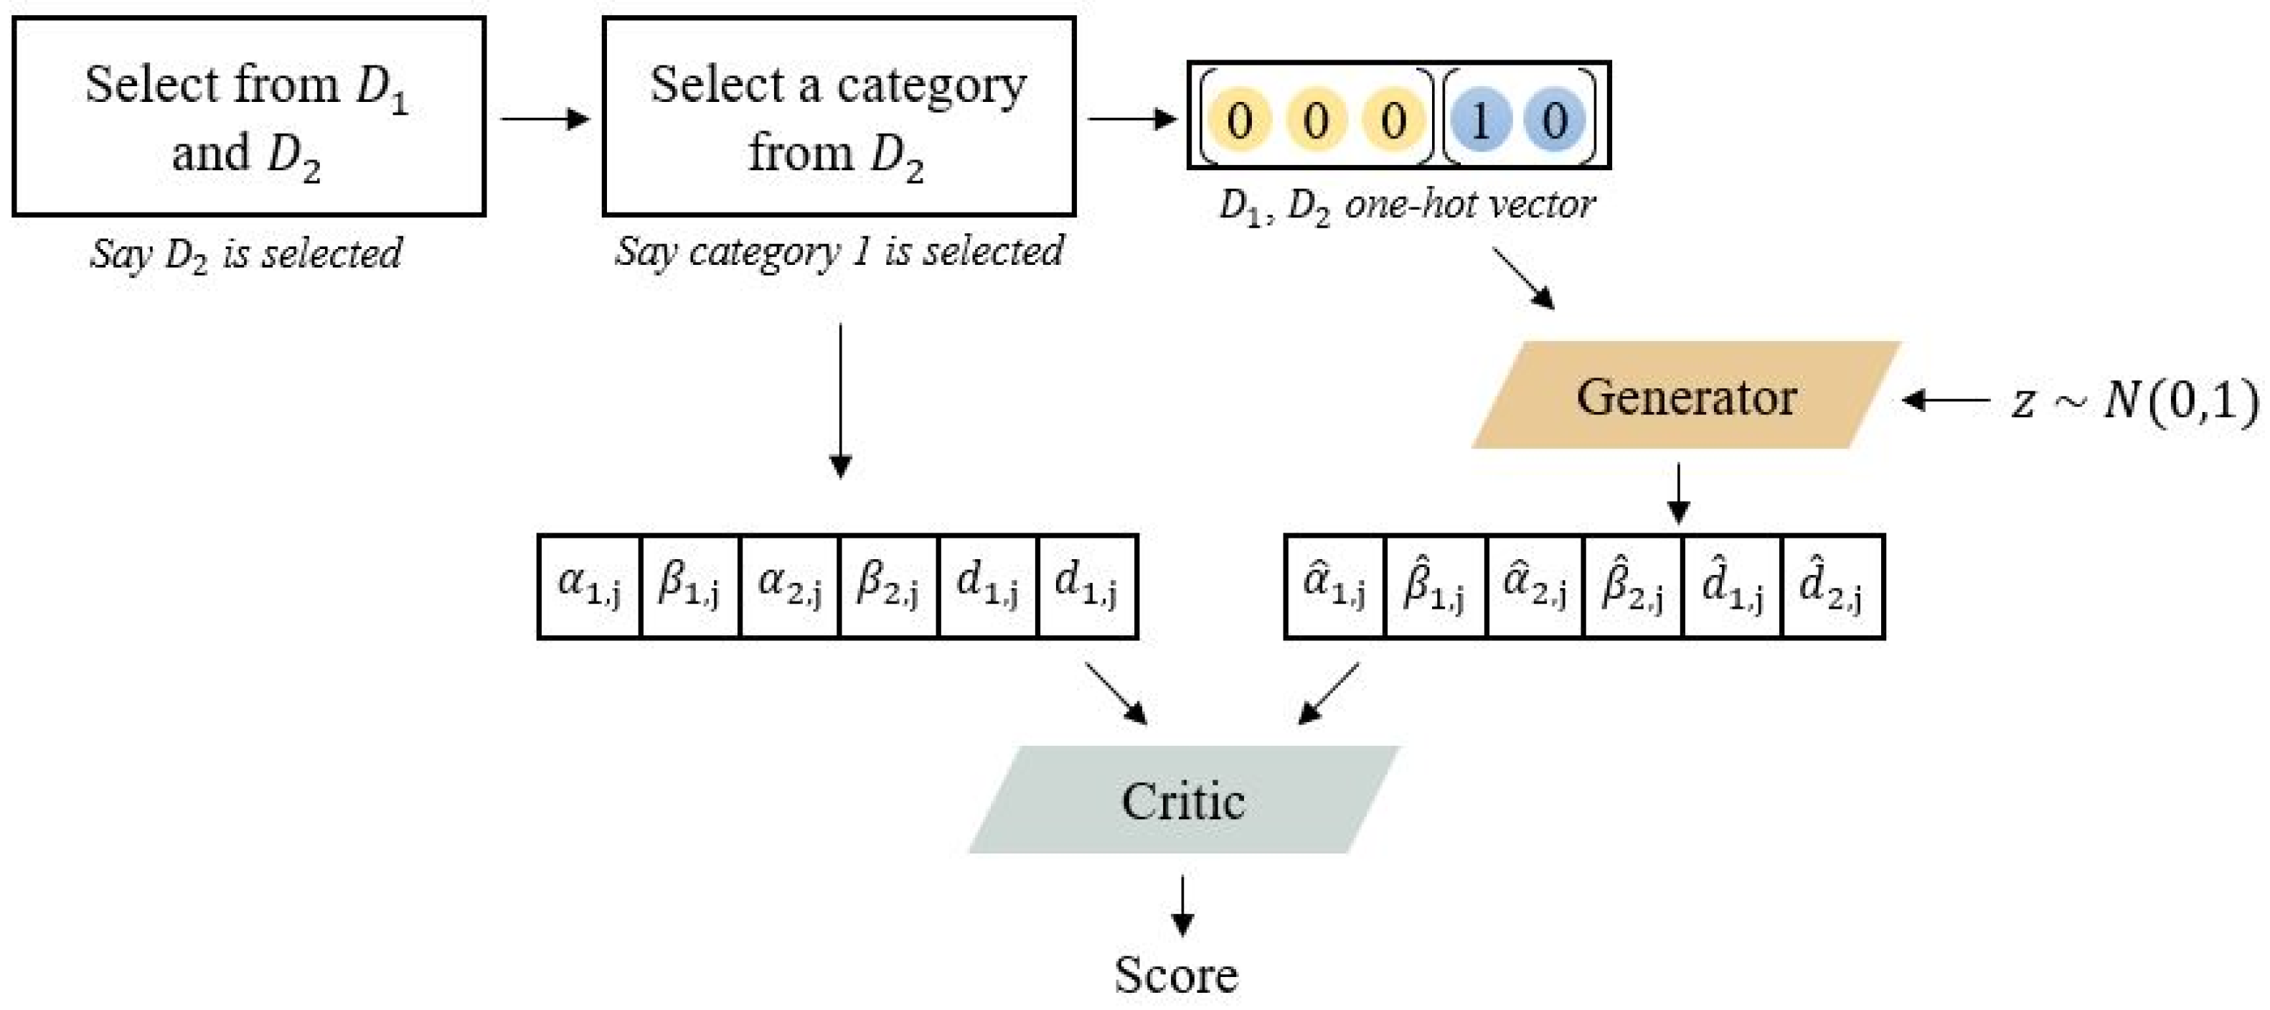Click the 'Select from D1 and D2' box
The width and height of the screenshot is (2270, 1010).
[248, 116]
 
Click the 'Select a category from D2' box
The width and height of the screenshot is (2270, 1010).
[838, 116]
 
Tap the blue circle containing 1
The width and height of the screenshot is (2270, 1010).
[1480, 119]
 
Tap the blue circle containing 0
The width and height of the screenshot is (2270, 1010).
[1555, 119]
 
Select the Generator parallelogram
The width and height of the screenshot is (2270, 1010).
[1685, 396]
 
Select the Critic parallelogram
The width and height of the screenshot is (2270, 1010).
[1182, 800]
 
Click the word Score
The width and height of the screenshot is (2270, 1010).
[1175, 975]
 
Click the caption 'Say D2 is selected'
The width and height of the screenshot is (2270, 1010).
[247, 255]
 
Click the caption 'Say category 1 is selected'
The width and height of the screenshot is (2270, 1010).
[838, 253]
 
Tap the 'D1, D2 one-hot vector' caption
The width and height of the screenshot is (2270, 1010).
[1406, 206]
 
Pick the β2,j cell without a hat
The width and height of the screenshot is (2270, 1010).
[888, 586]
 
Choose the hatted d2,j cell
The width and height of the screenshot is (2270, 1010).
[1831, 586]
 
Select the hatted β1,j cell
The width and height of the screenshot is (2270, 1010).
[1435, 586]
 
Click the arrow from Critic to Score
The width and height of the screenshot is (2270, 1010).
[1182, 905]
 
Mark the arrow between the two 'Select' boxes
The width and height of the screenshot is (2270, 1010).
[545, 118]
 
